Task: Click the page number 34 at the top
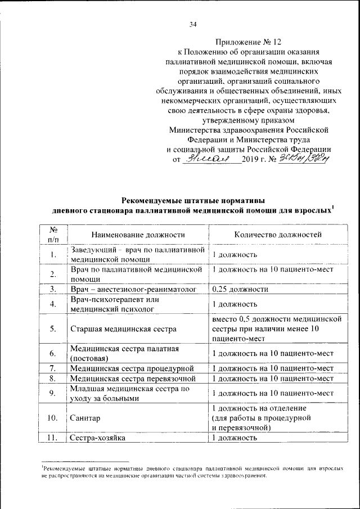click(193, 24)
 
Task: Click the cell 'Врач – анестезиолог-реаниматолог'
click(133, 289)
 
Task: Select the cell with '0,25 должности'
click(240, 289)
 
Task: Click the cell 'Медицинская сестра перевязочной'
click(133, 378)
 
